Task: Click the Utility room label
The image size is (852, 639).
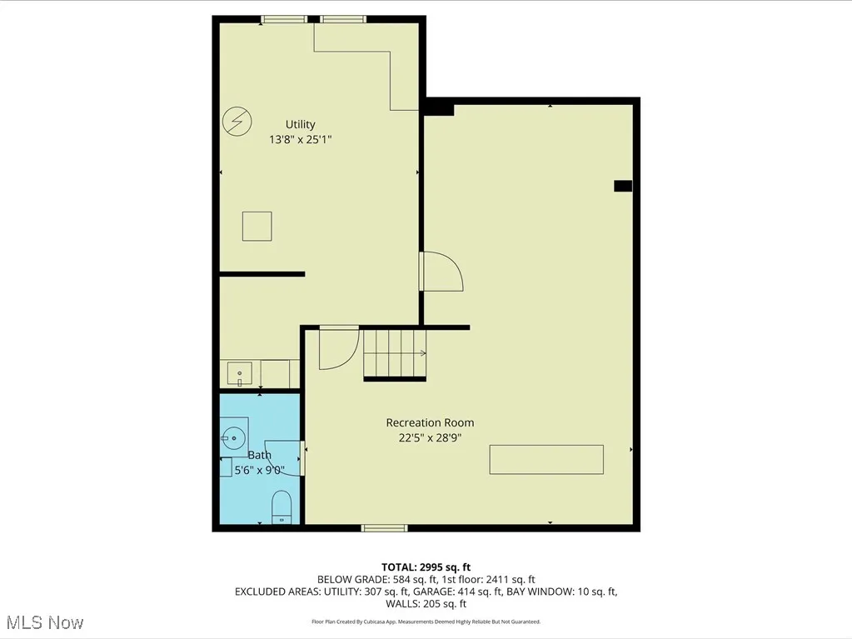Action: pos(300,125)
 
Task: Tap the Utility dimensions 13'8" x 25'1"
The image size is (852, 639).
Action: pos(300,140)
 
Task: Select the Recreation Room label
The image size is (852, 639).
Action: pos(430,422)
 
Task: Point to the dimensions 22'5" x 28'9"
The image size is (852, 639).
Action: pos(430,437)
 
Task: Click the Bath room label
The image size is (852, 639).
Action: pos(259,455)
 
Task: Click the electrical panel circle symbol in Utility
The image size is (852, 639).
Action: pos(237,122)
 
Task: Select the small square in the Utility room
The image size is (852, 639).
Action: pos(257,226)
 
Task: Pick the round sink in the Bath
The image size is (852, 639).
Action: pos(232,435)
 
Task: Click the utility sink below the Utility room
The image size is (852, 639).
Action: pos(240,372)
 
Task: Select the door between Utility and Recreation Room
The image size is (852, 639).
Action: pos(440,272)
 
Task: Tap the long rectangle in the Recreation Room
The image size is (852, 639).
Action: pos(546,460)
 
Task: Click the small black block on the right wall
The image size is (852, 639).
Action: pos(623,186)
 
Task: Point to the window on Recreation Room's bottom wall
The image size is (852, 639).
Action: pos(384,527)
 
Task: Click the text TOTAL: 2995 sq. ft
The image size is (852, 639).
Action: pos(426,567)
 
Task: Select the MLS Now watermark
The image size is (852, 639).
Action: pos(43,622)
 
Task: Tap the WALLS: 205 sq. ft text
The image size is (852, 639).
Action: pos(426,604)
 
